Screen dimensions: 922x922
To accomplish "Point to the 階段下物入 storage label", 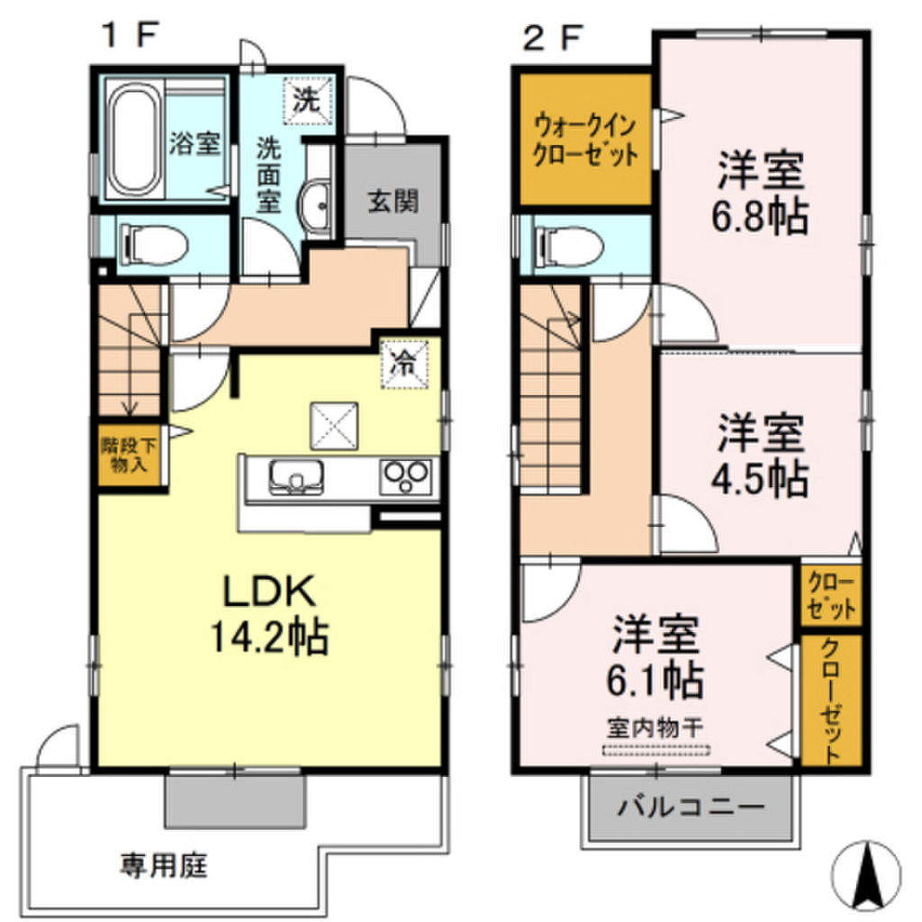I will [x=131, y=456].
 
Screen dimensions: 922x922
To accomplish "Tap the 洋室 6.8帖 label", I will [x=762, y=191].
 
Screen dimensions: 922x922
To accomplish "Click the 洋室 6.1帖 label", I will [x=657, y=657].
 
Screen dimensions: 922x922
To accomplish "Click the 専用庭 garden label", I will [x=165, y=866].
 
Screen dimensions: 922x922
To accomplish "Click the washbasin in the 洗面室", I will [x=316, y=206].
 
